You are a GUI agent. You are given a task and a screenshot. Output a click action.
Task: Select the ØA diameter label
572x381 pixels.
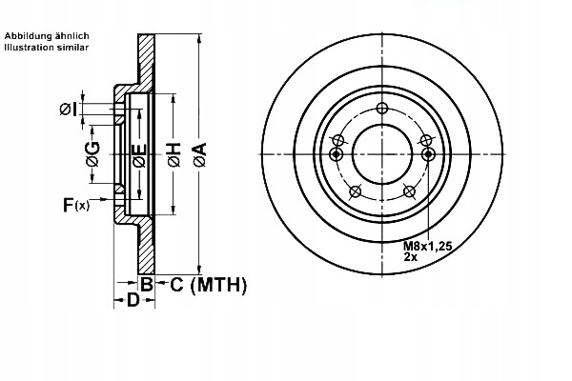[x=199, y=155]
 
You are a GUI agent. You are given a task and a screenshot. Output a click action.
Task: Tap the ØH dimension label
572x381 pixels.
[x=173, y=155]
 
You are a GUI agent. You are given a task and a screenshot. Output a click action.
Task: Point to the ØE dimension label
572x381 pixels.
[x=139, y=156]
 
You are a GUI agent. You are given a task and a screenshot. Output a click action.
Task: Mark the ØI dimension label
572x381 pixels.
[x=72, y=108]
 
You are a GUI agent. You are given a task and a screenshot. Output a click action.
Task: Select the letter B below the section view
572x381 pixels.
[x=147, y=284]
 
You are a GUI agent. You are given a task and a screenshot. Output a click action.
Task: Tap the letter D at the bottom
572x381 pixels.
[x=133, y=301]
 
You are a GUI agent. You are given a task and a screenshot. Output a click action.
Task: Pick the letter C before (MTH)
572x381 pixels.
[x=176, y=284]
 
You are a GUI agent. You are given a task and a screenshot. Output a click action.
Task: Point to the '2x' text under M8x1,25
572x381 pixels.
[x=411, y=257]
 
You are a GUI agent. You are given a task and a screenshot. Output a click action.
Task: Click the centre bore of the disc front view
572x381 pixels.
[x=381, y=154]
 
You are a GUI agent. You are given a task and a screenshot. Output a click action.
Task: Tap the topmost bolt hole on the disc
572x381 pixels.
[x=381, y=107]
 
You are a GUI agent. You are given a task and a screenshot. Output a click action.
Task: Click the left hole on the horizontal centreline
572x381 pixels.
[x=336, y=154]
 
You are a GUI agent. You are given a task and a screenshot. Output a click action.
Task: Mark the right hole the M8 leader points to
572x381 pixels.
[x=427, y=154]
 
